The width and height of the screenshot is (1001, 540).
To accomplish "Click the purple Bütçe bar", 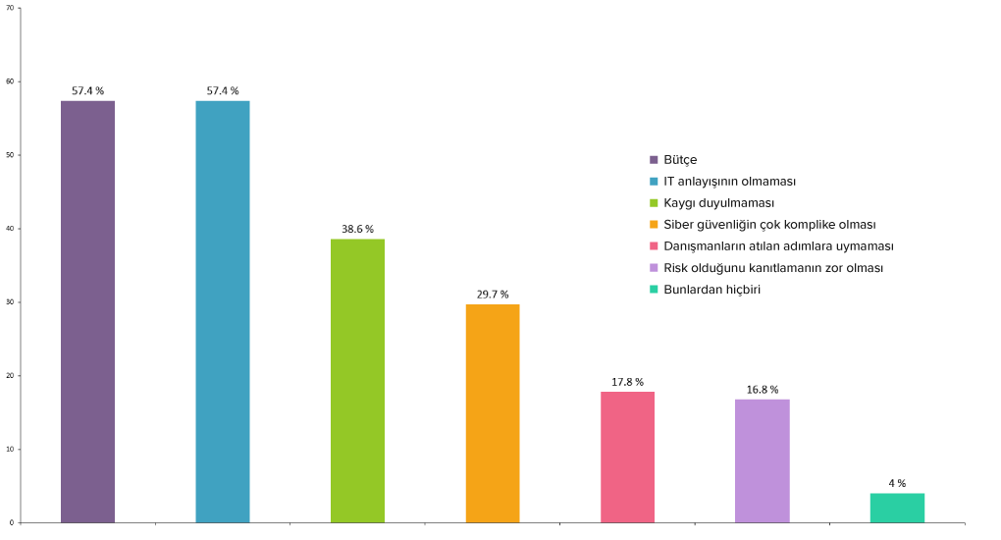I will (x=87, y=311).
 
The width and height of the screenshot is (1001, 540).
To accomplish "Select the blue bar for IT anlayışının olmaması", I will (x=223, y=311).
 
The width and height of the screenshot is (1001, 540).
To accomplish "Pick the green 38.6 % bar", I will (x=357, y=380).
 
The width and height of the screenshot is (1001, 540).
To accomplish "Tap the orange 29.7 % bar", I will (x=493, y=413).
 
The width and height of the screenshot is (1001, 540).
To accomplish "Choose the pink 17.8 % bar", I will (x=627, y=457).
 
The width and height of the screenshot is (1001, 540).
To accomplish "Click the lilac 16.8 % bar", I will (x=762, y=460).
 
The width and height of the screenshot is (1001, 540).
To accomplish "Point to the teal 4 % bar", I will (x=897, y=508).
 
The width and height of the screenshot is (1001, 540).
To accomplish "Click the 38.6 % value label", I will (x=357, y=229).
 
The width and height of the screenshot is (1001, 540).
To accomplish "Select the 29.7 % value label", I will (x=493, y=295).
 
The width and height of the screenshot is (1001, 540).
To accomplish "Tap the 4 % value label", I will (x=897, y=483).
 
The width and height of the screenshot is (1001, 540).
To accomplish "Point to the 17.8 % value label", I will (x=627, y=382).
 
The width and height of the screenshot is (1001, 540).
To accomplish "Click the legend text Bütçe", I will (x=680, y=160).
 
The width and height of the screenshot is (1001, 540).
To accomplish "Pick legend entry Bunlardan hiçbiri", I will (x=711, y=290).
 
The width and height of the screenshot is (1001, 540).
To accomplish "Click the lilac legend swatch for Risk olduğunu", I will (x=654, y=268).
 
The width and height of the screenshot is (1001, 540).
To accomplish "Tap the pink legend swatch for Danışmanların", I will (x=654, y=246).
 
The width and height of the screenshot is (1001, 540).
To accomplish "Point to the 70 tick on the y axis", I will (x=10, y=8).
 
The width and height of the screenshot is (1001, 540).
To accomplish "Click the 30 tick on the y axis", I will (x=10, y=302).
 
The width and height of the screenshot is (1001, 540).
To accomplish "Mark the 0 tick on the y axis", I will (x=12, y=522).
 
